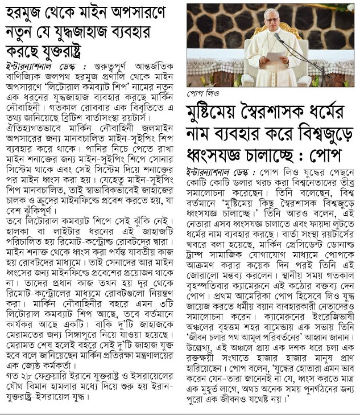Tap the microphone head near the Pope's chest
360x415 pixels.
pos(278,37)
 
